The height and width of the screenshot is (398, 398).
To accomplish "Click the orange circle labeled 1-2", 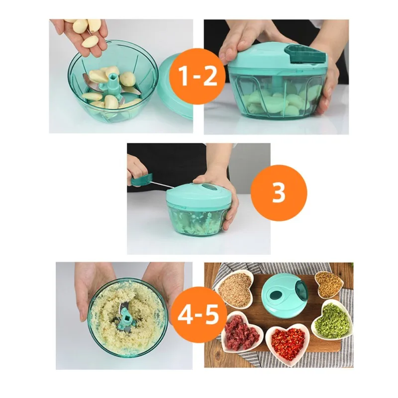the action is [197, 76].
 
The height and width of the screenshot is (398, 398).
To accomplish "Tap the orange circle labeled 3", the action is [279, 193].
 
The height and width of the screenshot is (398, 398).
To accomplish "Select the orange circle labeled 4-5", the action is [198, 315].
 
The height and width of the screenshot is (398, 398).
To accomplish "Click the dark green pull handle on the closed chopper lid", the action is [305, 54].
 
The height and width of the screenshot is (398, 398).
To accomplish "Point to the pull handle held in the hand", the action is [142, 180].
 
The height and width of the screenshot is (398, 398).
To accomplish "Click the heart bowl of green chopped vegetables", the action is [332, 320].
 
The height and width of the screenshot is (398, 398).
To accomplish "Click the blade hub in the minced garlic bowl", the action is [126, 318].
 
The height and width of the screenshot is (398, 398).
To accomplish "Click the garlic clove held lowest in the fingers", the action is [90, 42].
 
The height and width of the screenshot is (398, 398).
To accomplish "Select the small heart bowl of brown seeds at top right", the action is [328, 285].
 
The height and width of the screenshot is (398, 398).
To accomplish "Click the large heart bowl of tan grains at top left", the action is [235, 289].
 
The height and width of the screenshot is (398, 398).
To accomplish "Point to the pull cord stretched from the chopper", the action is [163, 185].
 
